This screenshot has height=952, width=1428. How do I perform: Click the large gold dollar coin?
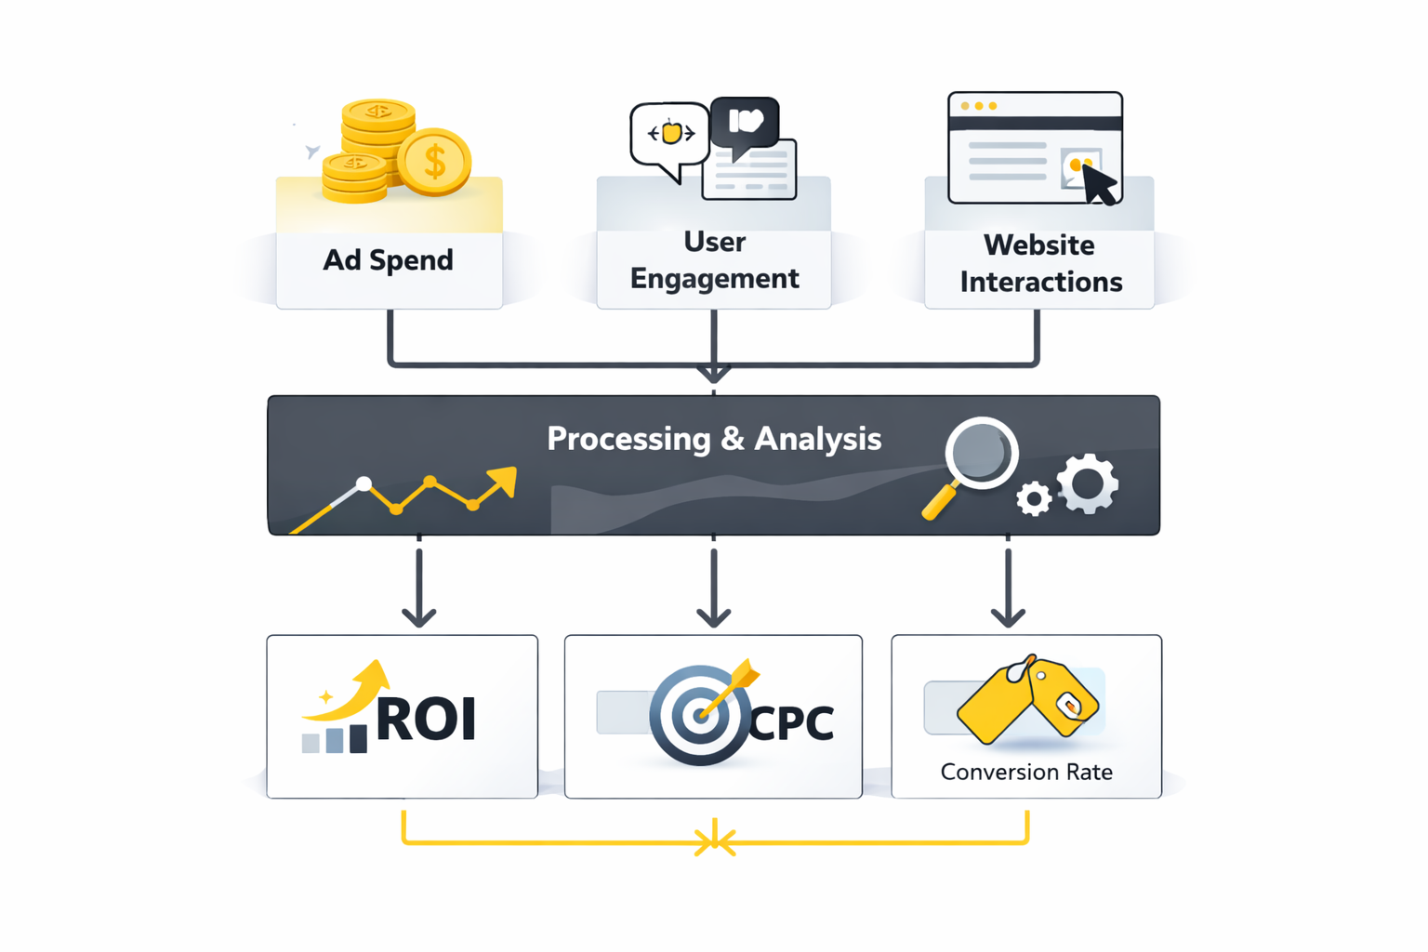coord(434,162)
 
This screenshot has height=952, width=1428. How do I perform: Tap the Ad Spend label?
coord(388,260)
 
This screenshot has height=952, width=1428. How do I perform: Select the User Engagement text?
coord(714,260)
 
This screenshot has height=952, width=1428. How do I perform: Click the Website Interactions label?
coord(1040,263)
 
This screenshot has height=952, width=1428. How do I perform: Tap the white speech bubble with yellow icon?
coord(669,135)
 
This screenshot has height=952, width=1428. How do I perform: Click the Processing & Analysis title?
coord(714,439)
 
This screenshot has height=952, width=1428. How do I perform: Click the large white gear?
coord(1089,483)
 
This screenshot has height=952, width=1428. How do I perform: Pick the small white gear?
coord(1033,499)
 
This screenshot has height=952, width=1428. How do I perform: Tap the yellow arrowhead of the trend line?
coord(502,481)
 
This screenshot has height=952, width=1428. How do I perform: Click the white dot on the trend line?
coord(364,483)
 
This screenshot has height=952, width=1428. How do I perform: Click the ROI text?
coord(426,719)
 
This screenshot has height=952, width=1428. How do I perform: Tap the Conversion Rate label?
coord(1026,772)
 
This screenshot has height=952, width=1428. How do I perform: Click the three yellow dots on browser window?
coord(978,106)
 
